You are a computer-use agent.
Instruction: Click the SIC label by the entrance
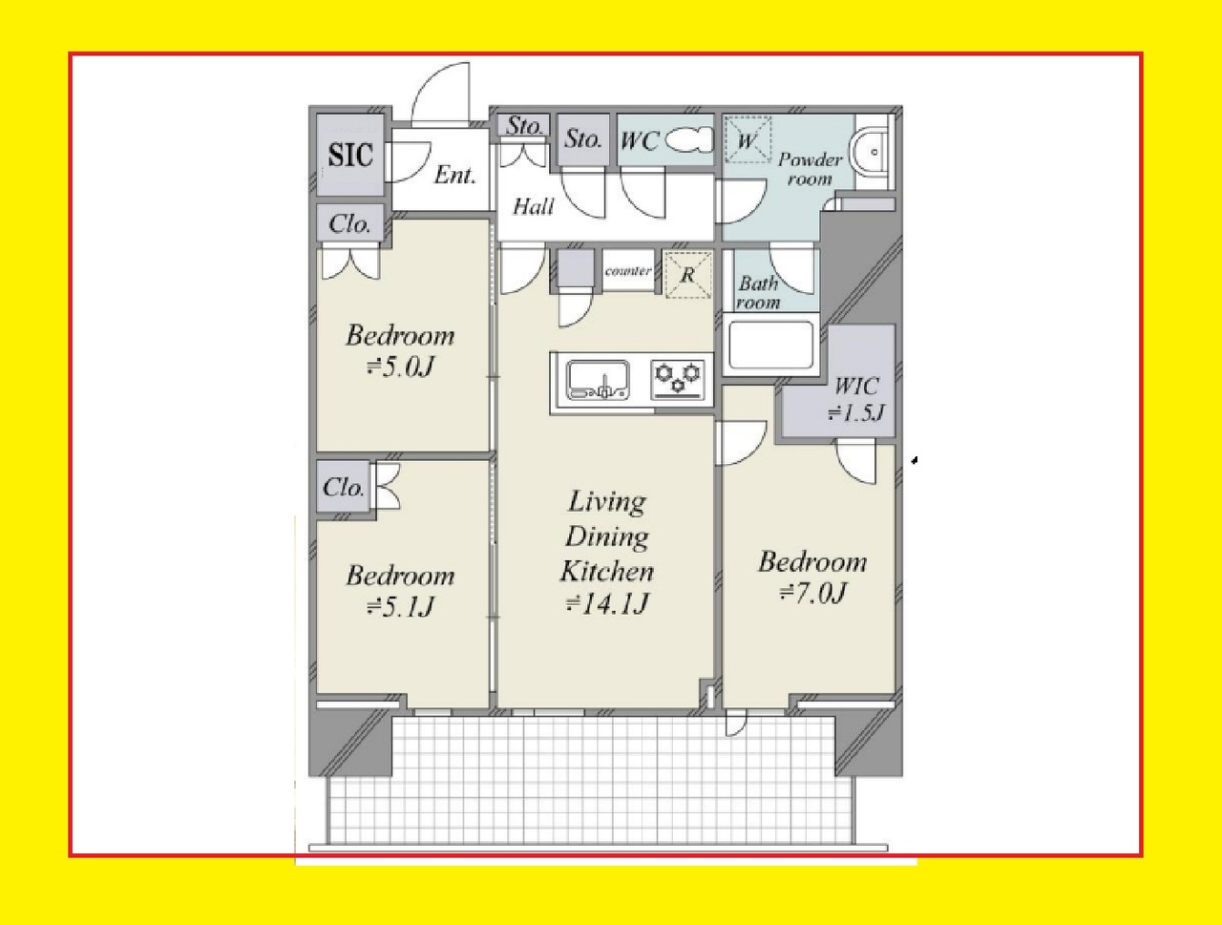point(350,155)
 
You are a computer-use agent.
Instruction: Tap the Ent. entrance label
point(454,176)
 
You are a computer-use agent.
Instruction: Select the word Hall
point(533,207)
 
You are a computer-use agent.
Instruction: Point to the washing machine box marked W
point(748,139)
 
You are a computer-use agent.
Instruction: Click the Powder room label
point(810,169)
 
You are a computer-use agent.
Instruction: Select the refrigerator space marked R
point(688,274)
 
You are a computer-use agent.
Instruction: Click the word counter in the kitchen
point(628,271)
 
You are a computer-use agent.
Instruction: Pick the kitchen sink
point(598,380)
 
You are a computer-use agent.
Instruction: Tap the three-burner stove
point(678,380)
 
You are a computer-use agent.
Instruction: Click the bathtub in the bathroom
point(770,345)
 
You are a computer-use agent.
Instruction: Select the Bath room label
point(758,293)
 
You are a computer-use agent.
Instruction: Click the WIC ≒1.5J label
point(856,399)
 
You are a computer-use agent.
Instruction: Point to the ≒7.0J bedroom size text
point(813,594)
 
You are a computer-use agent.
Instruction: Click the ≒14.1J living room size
point(607,603)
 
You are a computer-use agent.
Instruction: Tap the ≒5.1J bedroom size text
point(400,607)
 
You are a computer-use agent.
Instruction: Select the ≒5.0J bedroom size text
point(400,367)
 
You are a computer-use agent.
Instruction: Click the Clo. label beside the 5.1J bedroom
point(343,488)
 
